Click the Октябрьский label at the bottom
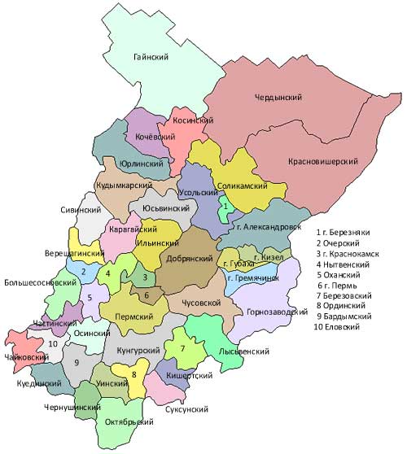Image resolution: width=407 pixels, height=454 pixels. click(x=130, y=423)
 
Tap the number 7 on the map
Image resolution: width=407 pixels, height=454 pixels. click(x=182, y=348)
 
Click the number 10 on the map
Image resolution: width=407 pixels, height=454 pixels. click(x=53, y=344)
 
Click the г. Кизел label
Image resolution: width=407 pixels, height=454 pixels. click(x=268, y=258)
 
